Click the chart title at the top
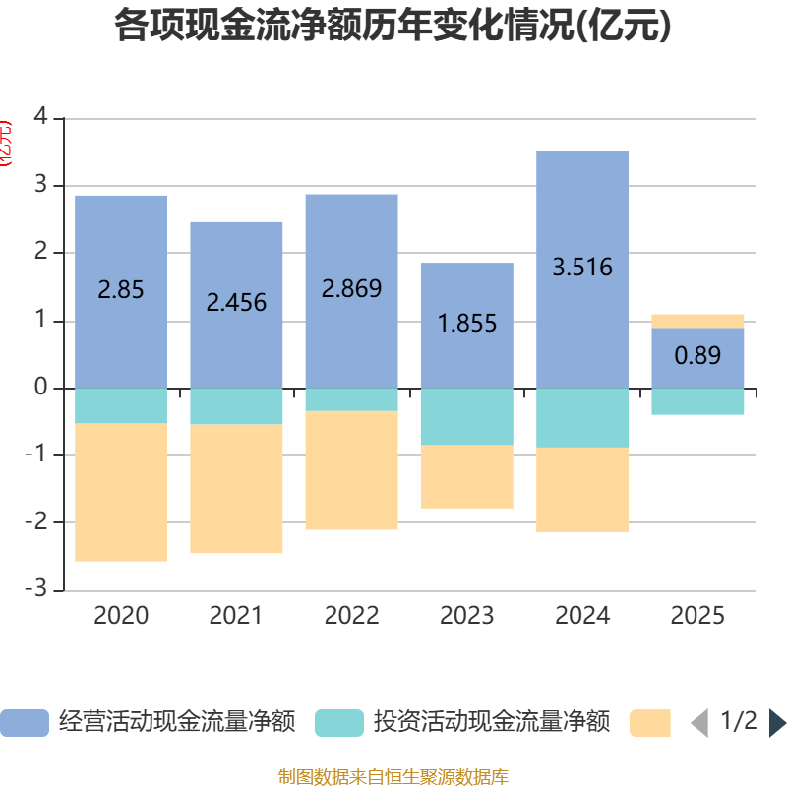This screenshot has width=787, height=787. point(393,27)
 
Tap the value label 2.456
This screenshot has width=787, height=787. point(236,302)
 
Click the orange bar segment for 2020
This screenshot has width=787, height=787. point(121,492)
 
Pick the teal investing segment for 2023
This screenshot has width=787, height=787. point(467,416)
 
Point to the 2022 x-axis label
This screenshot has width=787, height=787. point(351,615)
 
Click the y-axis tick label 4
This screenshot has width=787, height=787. point(40,117)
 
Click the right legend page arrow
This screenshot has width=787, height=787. point(777,723)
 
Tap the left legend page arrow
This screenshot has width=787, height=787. point(699,723)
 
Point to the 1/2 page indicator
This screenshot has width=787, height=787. point(739,721)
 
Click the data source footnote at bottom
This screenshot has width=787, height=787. point(393,777)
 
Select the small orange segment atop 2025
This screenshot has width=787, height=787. point(697,321)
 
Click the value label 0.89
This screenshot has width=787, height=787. point(697,355)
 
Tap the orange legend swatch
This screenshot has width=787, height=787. point(650,722)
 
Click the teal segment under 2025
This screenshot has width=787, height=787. point(697,401)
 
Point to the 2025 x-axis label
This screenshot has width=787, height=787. point(697,615)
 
